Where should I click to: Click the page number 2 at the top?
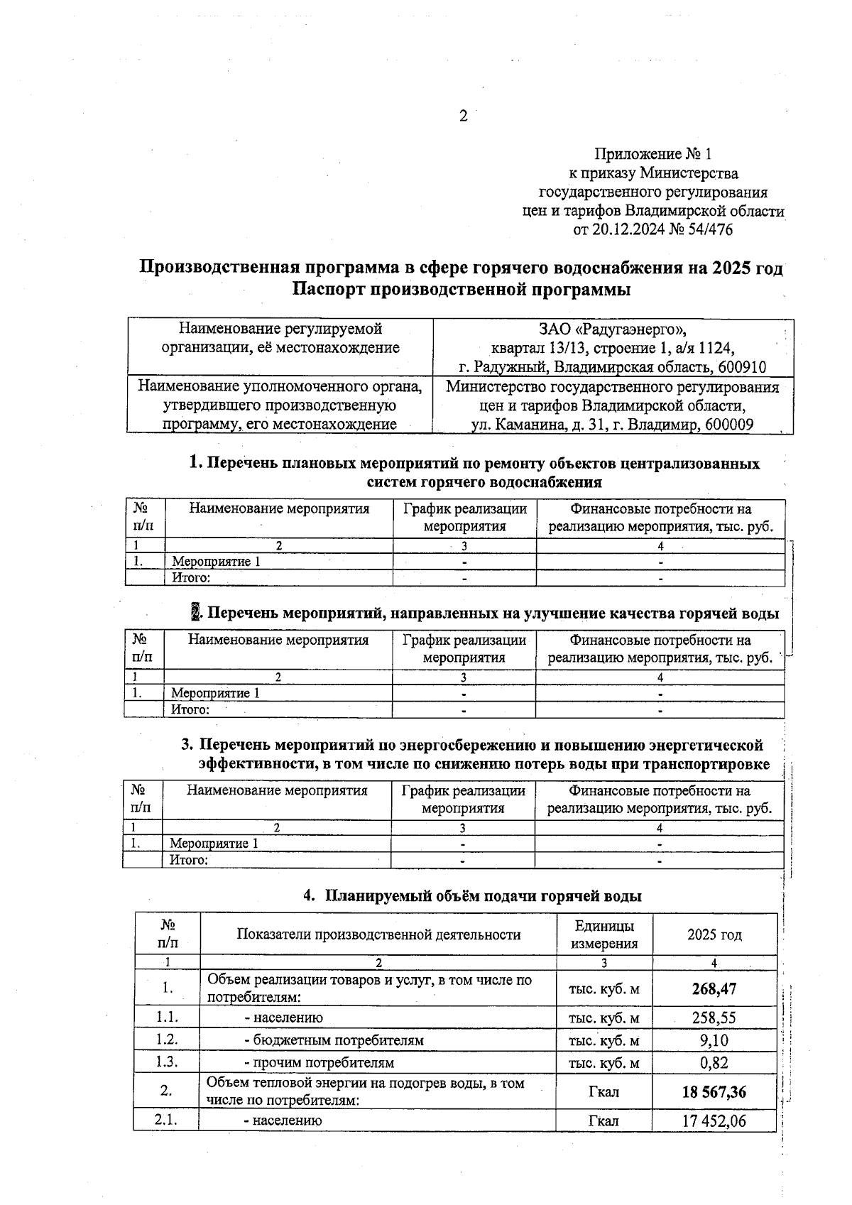[463, 116]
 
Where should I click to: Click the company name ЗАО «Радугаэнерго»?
[613, 329]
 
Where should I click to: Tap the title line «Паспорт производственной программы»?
[461, 290]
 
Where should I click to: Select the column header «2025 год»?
[714, 934]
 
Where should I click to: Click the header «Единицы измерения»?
[604, 934]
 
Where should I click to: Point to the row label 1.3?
[167, 1062]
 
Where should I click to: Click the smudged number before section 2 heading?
[196, 613]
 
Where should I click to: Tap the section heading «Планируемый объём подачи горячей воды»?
[483, 896]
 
